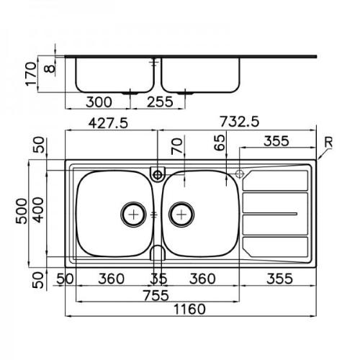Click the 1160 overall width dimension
pos(189,309)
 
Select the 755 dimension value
pos(156,295)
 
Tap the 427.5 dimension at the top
pos(108,124)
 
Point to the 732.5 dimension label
pos(240,122)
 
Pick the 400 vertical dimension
pos(38,210)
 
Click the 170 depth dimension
pos(31,74)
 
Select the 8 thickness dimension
pos(50,69)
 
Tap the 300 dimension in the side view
pos(99,102)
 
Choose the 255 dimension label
pos(160,102)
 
